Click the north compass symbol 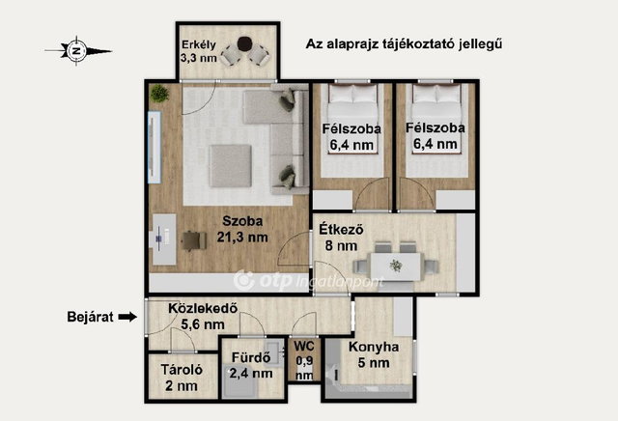click(x=77, y=51)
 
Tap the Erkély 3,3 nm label click(x=199, y=51)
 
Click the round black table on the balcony click(x=244, y=42)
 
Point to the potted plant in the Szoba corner click(x=159, y=94)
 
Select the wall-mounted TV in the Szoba click(x=154, y=147)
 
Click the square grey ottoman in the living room click(x=231, y=166)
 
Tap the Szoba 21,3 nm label click(x=242, y=229)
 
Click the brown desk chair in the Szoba click(x=194, y=240)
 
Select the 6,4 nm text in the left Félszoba click(x=351, y=145)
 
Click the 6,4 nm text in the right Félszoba click(x=435, y=144)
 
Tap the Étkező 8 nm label click(x=341, y=238)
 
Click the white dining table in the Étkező click(x=395, y=267)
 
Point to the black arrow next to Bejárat click(x=127, y=317)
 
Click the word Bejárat click(x=90, y=317)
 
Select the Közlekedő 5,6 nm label click(x=203, y=316)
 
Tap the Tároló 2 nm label click(x=182, y=378)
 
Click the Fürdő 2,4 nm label click(x=251, y=365)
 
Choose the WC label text click(x=304, y=347)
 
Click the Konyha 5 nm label click(x=374, y=354)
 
